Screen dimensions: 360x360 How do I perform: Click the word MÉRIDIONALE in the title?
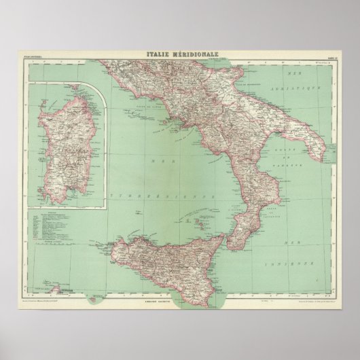[x=194, y=56]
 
